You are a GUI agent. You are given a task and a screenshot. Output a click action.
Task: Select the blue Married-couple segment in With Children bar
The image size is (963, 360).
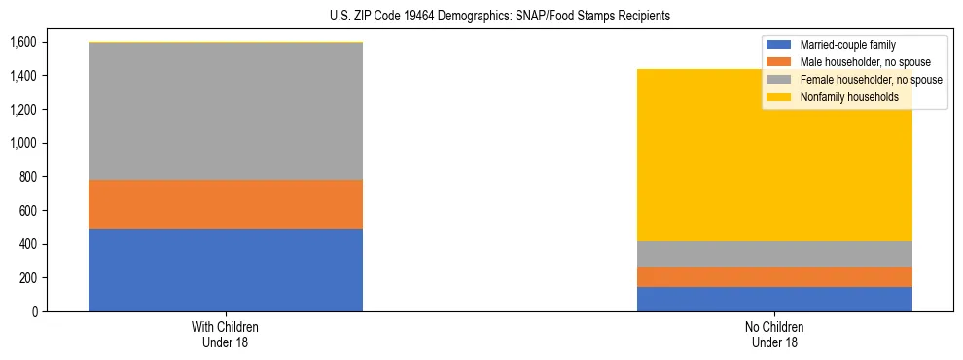226,270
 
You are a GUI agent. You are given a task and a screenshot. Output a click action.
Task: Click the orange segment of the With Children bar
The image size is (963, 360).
226,204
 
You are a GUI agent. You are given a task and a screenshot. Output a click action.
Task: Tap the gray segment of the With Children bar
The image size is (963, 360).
226,111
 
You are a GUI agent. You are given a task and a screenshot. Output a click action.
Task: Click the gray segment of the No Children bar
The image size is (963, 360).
774,254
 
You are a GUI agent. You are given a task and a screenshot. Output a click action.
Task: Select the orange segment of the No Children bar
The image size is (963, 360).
774,276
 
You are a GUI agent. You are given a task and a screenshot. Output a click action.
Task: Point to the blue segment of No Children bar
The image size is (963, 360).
774,299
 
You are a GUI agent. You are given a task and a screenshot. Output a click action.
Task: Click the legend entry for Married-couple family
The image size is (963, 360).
847,45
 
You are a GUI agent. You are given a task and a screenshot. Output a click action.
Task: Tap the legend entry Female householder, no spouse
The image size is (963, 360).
870,80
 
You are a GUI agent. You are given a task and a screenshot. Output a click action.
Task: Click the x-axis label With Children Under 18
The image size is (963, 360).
226,334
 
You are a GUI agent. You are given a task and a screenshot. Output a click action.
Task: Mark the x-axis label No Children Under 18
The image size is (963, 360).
774,334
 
